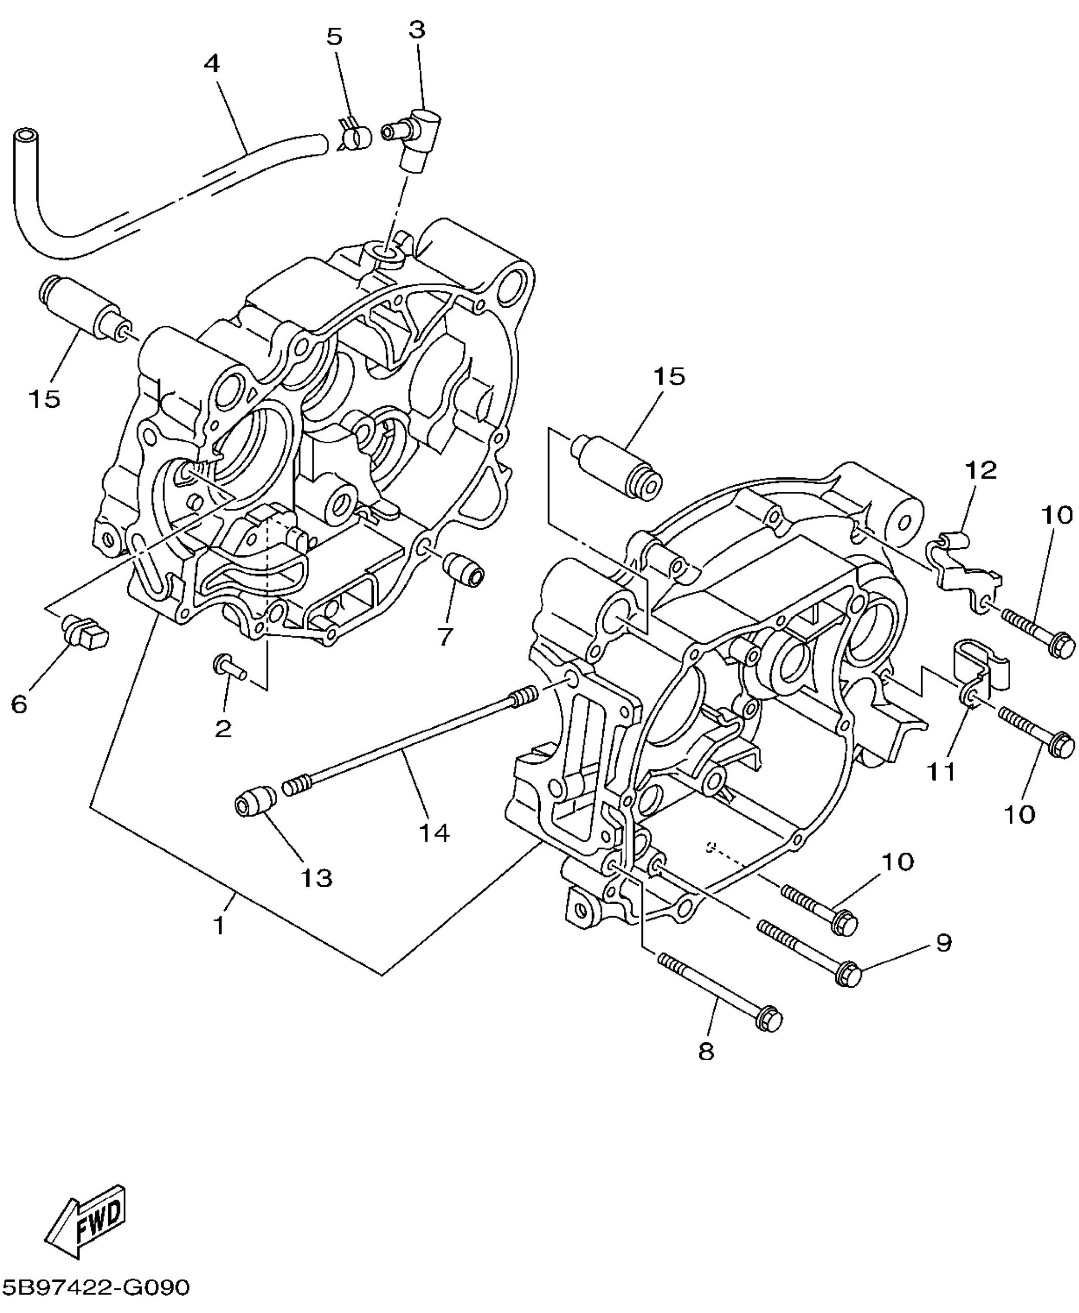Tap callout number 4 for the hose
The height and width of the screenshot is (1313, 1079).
(212, 64)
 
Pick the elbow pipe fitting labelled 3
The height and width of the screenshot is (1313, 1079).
(411, 136)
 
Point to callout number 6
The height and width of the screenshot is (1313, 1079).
(19, 704)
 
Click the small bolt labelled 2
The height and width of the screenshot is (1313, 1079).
(230, 668)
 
